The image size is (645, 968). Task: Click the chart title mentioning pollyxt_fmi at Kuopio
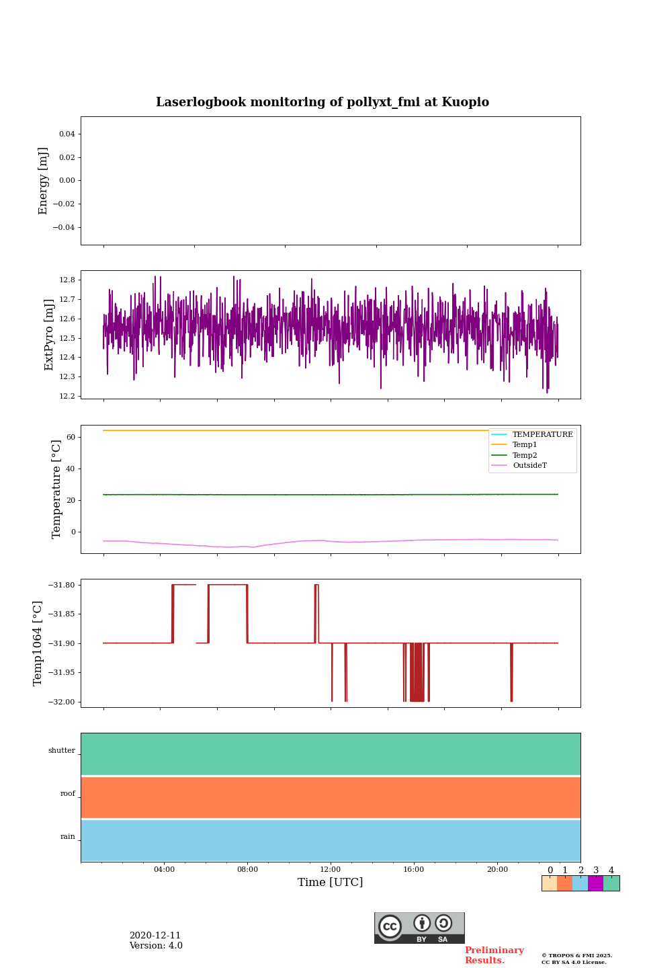[322, 102]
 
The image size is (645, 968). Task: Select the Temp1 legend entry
[525, 445]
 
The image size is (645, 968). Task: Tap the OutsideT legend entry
[529, 466]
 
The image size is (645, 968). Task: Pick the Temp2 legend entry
[525, 455]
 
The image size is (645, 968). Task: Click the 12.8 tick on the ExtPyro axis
[67, 280]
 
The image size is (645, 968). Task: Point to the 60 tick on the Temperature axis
[71, 437]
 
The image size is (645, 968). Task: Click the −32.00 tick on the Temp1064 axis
[61, 702]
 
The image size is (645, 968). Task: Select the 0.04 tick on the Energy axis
[67, 134]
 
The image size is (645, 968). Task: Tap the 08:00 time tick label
[247, 870]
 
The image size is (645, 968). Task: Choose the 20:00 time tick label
[497, 870]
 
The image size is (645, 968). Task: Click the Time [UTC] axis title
[330, 883]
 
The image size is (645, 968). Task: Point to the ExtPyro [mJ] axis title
[49, 335]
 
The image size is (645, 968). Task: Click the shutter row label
[62, 751]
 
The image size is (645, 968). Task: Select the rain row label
[68, 837]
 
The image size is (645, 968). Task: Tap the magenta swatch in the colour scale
[595, 883]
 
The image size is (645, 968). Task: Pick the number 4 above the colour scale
[611, 871]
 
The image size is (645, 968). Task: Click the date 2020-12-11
[155, 936]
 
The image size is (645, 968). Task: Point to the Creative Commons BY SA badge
[419, 928]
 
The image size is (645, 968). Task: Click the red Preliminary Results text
[494, 955]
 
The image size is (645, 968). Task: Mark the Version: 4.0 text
[156, 946]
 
